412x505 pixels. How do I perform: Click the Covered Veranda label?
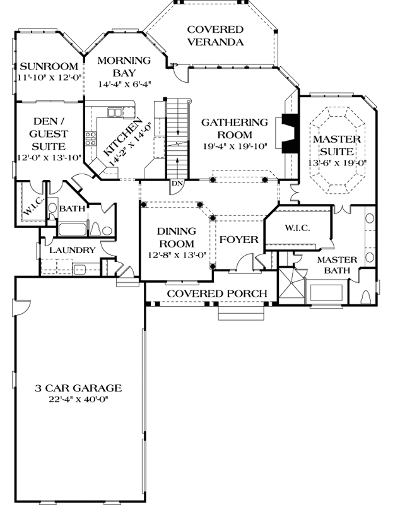[x=215, y=36]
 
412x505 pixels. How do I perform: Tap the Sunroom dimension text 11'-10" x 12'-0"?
[x=49, y=78]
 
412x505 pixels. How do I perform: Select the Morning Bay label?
[x=124, y=66]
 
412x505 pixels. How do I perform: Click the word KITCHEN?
[x=123, y=136]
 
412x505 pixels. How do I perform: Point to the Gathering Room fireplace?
[x=290, y=133]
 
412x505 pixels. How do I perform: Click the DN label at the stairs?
[x=177, y=184]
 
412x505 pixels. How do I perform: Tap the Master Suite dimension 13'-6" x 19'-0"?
[x=337, y=163]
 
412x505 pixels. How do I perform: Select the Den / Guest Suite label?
[x=49, y=134]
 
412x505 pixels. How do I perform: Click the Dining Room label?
[x=177, y=237]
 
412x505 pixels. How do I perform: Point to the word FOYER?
[x=239, y=240]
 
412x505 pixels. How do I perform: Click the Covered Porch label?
[x=217, y=294]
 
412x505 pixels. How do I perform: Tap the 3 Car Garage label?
[x=78, y=388]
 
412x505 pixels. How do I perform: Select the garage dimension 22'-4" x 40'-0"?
[x=78, y=400]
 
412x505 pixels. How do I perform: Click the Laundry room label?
[x=73, y=250]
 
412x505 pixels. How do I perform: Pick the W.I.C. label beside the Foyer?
[x=297, y=228]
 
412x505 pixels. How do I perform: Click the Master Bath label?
[x=337, y=264]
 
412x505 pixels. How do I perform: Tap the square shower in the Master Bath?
[x=291, y=286]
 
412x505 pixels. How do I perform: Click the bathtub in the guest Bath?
[x=73, y=230]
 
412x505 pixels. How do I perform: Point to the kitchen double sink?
[x=115, y=112]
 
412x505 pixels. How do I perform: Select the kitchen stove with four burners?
[x=91, y=138]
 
